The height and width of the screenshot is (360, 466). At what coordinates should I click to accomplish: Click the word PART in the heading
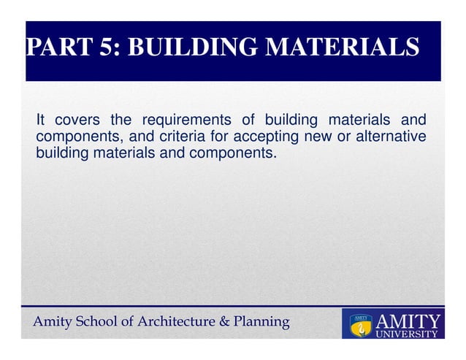(x=55, y=47)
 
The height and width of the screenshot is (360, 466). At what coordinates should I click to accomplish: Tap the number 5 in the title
(x=102, y=47)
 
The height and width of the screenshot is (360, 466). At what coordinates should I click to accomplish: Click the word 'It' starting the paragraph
(x=41, y=120)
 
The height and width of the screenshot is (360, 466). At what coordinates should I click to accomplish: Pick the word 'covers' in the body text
(x=76, y=120)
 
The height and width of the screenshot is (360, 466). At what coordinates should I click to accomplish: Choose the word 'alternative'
(x=394, y=137)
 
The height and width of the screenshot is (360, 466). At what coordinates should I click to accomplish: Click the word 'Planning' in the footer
(x=262, y=321)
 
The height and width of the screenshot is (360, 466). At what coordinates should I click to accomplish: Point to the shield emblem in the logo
(x=360, y=324)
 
